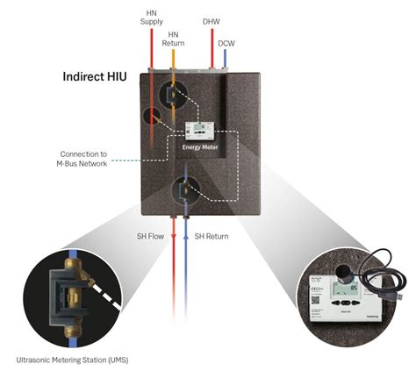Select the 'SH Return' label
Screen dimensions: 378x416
[212, 236]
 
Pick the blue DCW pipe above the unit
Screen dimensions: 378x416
[225, 58]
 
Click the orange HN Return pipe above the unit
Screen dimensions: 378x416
[172, 57]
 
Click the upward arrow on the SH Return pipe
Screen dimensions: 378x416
[185, 236]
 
